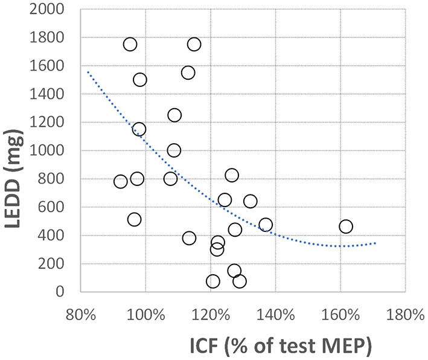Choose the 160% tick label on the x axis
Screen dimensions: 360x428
pos(340,315)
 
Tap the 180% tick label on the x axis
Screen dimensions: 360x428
pos(405,315)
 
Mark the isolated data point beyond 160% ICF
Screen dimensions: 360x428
pos(346,227)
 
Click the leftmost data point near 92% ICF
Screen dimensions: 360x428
pos(120,181)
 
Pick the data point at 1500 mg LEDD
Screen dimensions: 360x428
pos(139,80)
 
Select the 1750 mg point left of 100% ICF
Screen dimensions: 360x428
pos(130,44)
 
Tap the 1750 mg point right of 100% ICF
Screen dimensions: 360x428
pos(194,44)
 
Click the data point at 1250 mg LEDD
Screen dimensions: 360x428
pos(174,115)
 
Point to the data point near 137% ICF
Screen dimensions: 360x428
pos(266,225)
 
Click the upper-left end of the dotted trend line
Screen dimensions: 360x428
pos(88,72)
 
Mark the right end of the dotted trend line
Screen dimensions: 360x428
pos(375,243)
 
